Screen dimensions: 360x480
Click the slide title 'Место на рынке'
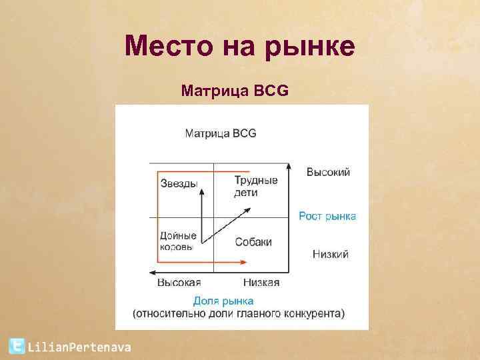240,47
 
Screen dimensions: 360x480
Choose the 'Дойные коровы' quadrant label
178,241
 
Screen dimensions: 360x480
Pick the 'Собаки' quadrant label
253,242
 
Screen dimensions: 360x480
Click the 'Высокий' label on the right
328,173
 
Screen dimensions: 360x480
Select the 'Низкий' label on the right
330,255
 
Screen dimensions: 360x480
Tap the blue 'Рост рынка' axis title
327,216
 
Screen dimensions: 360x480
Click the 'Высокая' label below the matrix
179,283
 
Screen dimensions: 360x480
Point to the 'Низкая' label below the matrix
261,283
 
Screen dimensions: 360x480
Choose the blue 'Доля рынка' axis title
223,301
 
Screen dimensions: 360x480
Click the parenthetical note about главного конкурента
239,313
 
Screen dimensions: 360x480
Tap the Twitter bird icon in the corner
17,346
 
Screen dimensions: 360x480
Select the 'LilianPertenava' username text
79,347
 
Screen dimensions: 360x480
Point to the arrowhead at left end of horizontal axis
153,272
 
